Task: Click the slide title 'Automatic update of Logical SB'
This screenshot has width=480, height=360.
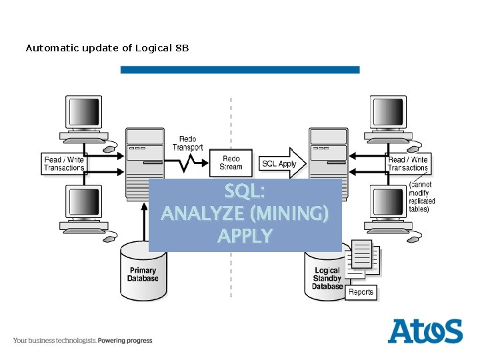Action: pyautogui.click(x=107, y=48)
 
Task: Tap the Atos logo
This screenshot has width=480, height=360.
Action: pyautogui.click(x=425, y=331)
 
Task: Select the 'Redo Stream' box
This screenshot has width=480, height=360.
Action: pyautogui.click(x=231, y=163)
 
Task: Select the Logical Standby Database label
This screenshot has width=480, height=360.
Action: pyautogui.click(x=327, y=279)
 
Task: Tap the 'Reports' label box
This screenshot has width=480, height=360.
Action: pyautogui.click(x=361, y=292)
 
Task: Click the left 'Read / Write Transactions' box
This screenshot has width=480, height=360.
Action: pyautogui.click(x=64, y=164)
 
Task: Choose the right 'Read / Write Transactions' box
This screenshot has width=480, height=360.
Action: pyautogui.click(x=408, y=164)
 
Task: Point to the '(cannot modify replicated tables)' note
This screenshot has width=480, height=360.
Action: pyautogui.click(x=421, y=197)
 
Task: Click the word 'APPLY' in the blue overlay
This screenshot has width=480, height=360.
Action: pyautogui.click(x=245, y=236)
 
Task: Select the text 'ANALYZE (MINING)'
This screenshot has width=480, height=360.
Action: pyautogui.click(x=245, y=214)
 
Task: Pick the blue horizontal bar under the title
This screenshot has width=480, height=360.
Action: pyautogui.click(x=240, y=69)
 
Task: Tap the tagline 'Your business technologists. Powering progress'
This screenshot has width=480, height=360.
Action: pyautogui.click(x=83, y=341)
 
